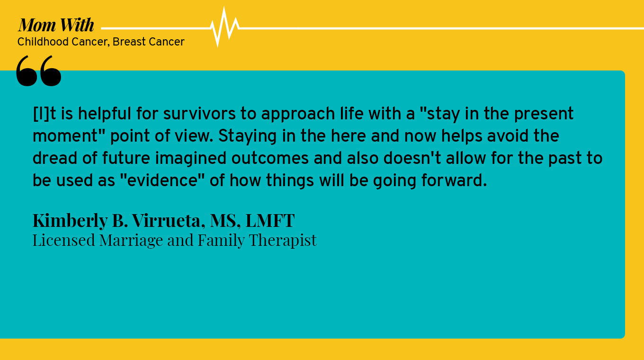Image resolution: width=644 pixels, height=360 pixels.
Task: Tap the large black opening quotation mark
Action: click(39, 72)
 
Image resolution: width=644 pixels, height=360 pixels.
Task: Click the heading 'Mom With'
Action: click(56, 25)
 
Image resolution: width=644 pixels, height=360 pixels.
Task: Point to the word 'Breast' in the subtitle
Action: click(129, 42)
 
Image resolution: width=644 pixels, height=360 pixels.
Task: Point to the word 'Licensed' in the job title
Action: click(64, 241)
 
